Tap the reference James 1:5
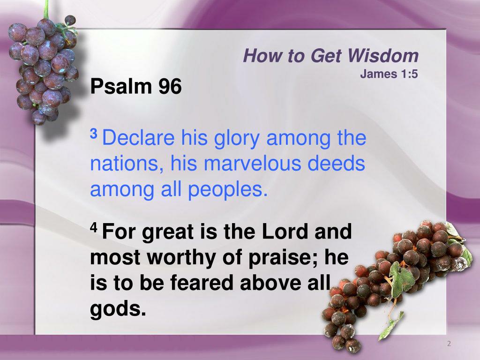[x=389, y=74]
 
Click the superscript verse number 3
[x=93, y=134]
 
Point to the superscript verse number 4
[x=93, y=227]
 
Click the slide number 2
[x=449, y=344]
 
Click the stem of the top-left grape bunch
[x=46, y=9]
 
